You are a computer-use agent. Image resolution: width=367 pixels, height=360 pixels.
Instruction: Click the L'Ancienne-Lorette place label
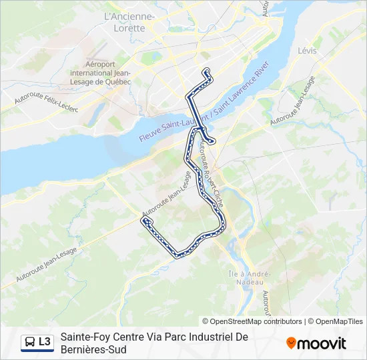(130, 22)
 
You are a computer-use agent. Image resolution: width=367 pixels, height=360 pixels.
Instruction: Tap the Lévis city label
(307, 51)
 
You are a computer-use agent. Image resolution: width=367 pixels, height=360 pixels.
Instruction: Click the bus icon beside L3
(30, 342)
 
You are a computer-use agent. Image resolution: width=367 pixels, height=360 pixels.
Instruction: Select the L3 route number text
(45, 342)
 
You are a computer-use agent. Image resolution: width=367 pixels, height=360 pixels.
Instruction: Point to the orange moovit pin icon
(291, 343)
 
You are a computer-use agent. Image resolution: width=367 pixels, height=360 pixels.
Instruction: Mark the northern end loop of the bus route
(207, 73)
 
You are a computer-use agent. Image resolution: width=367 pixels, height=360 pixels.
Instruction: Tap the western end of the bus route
(144, 221)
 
